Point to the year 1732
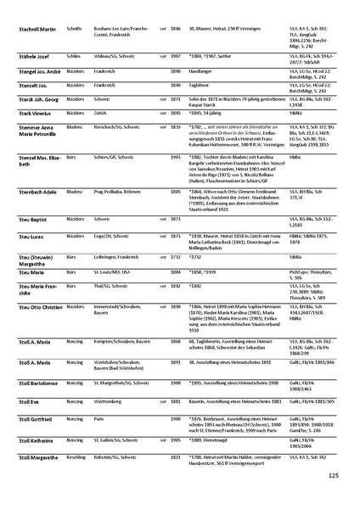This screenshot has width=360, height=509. (176, 253)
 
